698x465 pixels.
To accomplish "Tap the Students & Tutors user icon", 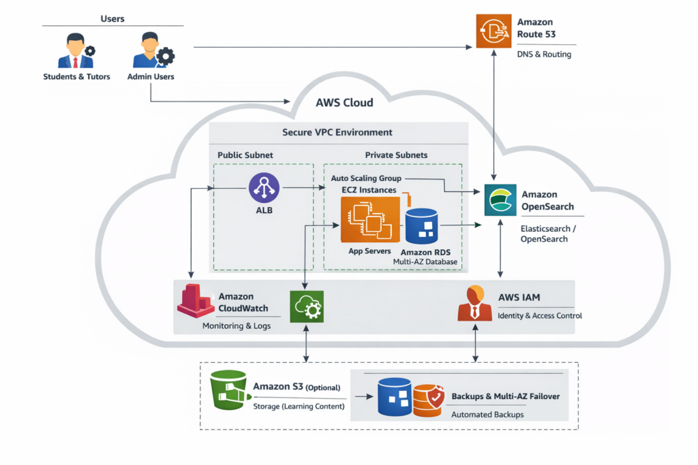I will click(x=76, y=52).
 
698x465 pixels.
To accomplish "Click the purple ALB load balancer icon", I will click(x=263, y=188).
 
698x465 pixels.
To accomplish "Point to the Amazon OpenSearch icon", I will click(x=500, y=199).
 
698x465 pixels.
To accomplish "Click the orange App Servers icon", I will click(x=368, y=219).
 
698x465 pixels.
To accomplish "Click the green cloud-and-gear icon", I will click(x=306, y=307).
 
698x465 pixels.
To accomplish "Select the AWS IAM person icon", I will click(x=474, y=303).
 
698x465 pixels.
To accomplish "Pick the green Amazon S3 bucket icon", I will click(x=229, y=390).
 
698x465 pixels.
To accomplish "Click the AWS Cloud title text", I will click(x=344, y=103).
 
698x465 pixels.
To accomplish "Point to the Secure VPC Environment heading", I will click(x=337, y=132).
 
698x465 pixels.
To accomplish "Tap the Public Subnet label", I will click(x=245, y=155).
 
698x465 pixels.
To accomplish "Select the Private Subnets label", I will click(x=396, y=155).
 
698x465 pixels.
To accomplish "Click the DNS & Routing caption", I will click(x=544, y=54).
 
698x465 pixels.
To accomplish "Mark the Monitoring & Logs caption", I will click(x=237, y=326).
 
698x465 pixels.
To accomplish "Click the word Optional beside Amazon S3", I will click(x=322, y=387).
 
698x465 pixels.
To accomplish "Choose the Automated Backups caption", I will click(x=487, y=414).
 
